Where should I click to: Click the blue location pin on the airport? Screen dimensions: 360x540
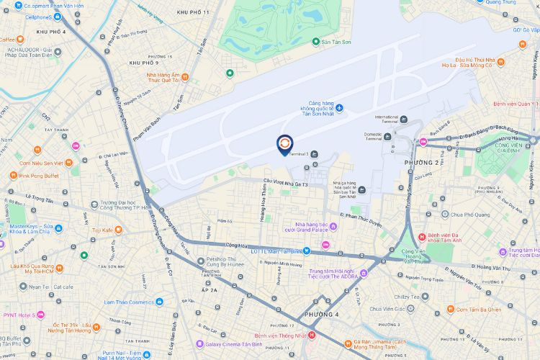[x=285, y=144]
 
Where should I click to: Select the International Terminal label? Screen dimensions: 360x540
[x=386, y=120]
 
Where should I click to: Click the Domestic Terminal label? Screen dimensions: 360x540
[x=374, y=136]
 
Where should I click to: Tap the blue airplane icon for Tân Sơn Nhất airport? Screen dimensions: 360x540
[x=340, y=108]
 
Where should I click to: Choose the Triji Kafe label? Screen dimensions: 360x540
[x=102, y=230]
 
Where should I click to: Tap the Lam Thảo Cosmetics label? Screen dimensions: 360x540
[x=135, y=302]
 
